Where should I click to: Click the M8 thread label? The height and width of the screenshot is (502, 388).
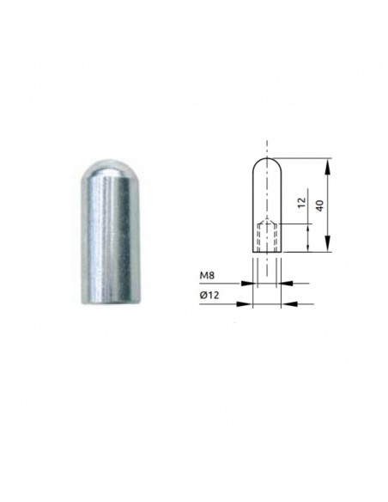click(207, 275)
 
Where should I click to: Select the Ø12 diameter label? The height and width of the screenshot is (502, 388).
click(209, 295)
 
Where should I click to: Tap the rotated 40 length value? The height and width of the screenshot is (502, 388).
click(319, 205)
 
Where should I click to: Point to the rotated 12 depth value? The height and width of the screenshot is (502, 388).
click(301, 202)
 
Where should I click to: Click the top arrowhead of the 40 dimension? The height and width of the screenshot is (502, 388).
click(328, 167)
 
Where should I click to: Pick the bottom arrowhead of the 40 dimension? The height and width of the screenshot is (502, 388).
click(328, 243)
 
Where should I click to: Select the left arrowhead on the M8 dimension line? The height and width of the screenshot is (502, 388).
click(248, 283)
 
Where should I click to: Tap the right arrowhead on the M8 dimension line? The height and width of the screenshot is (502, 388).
click(285, 283)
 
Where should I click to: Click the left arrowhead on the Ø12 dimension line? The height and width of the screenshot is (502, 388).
click(244, 303)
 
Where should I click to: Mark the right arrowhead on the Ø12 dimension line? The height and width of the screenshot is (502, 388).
click(289, 303)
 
